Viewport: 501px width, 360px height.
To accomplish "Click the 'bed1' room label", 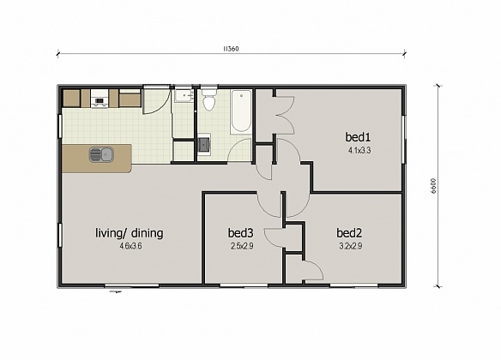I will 358,137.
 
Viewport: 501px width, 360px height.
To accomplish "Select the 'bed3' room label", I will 240,232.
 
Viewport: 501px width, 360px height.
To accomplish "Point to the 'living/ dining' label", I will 130,232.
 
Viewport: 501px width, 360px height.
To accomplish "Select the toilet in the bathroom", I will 208,104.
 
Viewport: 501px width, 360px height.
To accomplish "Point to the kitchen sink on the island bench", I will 100,155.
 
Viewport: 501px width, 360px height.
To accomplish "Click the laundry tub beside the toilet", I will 183,97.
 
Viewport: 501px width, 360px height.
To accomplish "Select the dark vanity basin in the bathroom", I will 203,144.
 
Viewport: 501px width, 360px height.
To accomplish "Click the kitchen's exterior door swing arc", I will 155,101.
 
